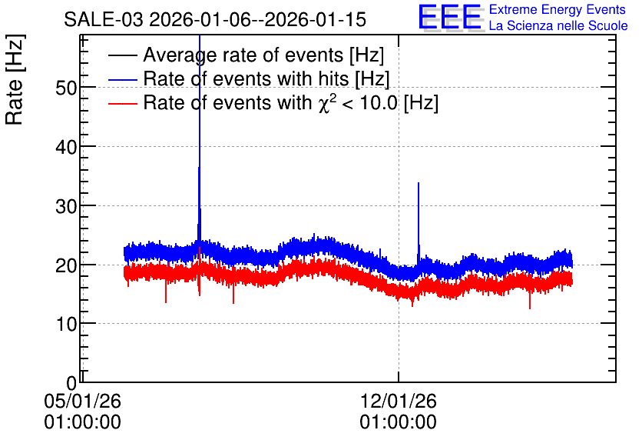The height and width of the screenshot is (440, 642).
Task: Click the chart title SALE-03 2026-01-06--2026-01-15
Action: click(x=215, y=19)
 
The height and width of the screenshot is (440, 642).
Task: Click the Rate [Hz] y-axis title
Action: click(x=15, y=79)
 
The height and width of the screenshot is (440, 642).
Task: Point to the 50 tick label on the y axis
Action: click(x=66, y=88)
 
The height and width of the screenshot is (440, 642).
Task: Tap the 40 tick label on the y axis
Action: click(x=66, y=146)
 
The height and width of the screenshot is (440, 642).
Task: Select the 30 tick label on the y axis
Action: click(x=66, y=206)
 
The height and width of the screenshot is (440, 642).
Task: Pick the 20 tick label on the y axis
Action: click(x=66, y=265)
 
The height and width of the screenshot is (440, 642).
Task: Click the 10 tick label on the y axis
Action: click(x=66, y=324)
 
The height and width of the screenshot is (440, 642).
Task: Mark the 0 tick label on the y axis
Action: click(x=72, y=383)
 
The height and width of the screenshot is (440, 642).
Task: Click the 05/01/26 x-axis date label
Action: click(x=83, y=401)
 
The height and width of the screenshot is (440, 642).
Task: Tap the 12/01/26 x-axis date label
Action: click(x=399, y=401)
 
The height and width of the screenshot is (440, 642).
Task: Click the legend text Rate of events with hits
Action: click(x=266, y=78)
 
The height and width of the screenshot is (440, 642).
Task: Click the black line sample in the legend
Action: click(x=123, y=55)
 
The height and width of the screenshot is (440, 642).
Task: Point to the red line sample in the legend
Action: click(x=123, y=103)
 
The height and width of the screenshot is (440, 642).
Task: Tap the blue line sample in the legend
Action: click(x=123, y=79)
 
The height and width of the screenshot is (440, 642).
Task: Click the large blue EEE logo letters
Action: click(x=449, y=17)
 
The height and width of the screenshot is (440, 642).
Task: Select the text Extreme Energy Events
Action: click(x=558, y=9)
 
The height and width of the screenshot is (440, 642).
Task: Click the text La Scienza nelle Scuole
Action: click(x=558, y=25)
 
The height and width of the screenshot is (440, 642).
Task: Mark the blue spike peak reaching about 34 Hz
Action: click(x=419, y=183)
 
